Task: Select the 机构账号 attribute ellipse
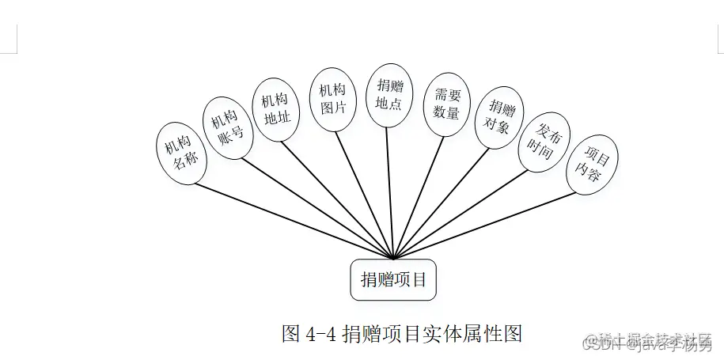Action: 228,127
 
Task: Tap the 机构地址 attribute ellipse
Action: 275,108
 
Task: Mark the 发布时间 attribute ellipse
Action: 544,142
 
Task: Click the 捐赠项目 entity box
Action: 393,279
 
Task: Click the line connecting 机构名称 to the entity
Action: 293,221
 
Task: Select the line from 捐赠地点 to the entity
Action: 389,190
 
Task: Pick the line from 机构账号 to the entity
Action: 317,207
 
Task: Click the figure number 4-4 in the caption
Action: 320,333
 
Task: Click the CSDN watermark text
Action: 599,345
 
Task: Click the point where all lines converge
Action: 393,258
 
